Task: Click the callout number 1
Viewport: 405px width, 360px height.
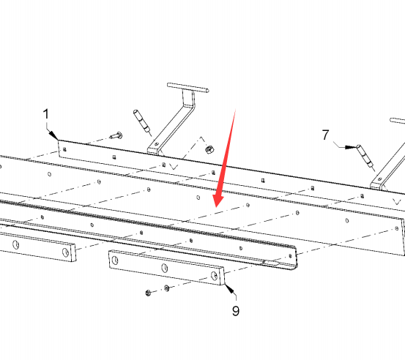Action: click(x=46, y=114)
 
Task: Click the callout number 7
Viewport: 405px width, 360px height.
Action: click(x=325, y=135)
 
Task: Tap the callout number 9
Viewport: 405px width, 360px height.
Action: click(x=236, y=311)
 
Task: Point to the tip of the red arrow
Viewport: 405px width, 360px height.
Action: click(x=217, y=207)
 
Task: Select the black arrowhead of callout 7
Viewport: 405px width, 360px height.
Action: click(x=352, y=147)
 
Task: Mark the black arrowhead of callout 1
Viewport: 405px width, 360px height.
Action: click(x=53, y=135)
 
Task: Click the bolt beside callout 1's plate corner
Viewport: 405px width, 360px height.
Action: click(x=116, y=135)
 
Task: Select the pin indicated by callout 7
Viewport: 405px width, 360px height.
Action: click(x=365, y=157)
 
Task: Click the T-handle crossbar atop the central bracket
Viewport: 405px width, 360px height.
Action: click(x=187, y=88)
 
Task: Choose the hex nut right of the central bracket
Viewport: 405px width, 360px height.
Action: click(x=209, y=149)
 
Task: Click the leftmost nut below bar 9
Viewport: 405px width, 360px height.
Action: click(x=148, y=293)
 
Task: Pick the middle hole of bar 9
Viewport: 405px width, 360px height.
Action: click(x=164, y=268)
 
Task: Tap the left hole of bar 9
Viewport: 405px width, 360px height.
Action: click(x=115, y=260)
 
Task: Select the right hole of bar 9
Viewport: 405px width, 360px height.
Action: click(x=214, y=276)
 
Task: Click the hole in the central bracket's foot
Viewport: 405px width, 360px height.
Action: click(x=156, y=145)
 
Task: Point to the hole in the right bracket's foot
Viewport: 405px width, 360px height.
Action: click(x=379, y=179)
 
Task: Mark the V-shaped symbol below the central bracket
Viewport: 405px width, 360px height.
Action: click(x=174, y=166)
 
